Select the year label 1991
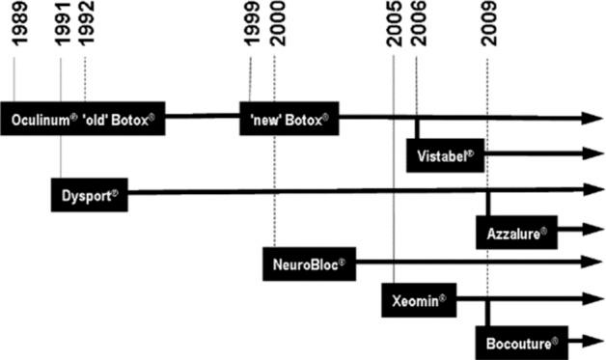(61, 27)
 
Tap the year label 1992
(86, 27)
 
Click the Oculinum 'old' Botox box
(83, 118)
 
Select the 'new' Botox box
(289, 118)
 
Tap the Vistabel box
(445, 154)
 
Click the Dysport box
(89, 194)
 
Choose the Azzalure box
(516, 232)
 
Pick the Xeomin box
(421, 300)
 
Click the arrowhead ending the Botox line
(592, 118)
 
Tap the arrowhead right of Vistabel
(592, 154)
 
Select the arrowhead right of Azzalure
(592, 231)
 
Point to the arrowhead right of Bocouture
(592, 339)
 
